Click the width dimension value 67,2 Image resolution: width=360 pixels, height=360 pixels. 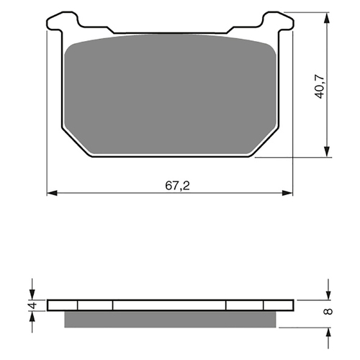click(x=171, y=184)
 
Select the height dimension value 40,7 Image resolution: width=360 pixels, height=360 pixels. click(x=318, y=84)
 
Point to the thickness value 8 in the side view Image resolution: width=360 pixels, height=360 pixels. click(x=328, y=312)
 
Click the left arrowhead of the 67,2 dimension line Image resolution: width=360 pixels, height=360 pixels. click(x=52, y=193)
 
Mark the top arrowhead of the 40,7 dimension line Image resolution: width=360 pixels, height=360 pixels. click(x=328, y=17)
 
